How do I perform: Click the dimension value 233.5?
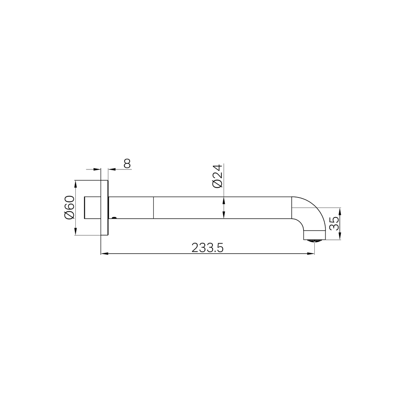coord(207,248)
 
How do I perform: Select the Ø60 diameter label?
coord(70,207)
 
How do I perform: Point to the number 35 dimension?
coord(335,223)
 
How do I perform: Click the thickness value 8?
coord(127,163)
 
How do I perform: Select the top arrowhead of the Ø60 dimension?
coord(75,184)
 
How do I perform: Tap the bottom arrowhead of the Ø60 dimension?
coord(75,231)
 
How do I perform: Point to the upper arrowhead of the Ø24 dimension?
coord(224,201)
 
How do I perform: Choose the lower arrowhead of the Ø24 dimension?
coord(224,215)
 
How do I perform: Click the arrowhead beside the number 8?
coord(112,169)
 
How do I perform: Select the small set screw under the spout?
coord(114,218)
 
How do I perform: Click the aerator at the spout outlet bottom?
coord(314,241)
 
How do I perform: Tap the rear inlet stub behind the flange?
coord(92,207)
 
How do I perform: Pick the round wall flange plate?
coord(104,207)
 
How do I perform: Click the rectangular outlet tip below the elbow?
coord(314,235)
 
